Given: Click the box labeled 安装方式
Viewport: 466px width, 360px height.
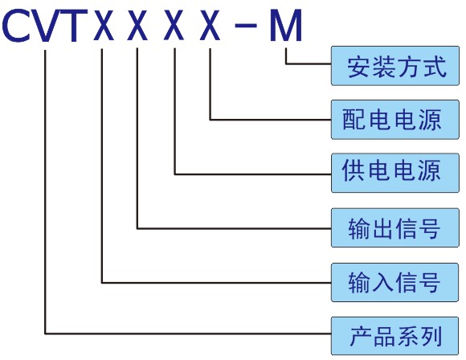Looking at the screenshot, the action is pyautogui.click(x=395, y=66).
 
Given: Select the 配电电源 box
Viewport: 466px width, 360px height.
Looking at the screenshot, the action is pyautogui.click(x=395, y=120).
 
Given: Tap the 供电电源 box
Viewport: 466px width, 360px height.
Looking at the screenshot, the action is pyautogui.click(x=395, y=173).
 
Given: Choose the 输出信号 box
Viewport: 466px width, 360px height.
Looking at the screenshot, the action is pyautogui.click(x=395, y=227).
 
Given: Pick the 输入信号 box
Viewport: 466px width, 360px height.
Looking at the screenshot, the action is pyautogui.click(x=394, y=282).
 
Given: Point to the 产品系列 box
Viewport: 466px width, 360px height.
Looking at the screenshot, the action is pyautogui.click(x=394, y=336).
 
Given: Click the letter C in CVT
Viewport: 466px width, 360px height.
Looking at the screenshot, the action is pyautogui.click(x=16, y=25).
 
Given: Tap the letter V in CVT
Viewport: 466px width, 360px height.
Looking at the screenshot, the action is pyautogui.click(x=45, y=26).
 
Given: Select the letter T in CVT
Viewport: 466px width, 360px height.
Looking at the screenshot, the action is pyautogui.click(x=74, y=26).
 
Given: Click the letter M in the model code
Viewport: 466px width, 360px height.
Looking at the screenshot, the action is pyautogui.click(x=286, y=25).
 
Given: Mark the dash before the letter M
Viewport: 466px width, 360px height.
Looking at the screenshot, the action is pyautogui.click(x=246, y=25).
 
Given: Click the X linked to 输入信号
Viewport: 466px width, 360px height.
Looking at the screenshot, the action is pyautogui.click(x=104, y=25).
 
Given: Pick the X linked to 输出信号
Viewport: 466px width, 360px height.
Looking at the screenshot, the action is pyautogui.click(x=137, y=25).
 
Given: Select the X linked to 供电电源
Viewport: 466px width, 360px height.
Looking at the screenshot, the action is pyautogui.click(x=174, y=25).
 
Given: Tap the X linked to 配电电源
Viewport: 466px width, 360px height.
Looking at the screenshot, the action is pyautogui.click(x=210, y=25).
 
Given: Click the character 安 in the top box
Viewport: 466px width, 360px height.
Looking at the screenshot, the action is pyautogui.click(x=359, y=67).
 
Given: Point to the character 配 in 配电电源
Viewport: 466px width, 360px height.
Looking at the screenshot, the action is pyautogui.click(x=354, y=120).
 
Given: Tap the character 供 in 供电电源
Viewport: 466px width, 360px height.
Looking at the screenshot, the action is pyautogui.click(x=353, y=170).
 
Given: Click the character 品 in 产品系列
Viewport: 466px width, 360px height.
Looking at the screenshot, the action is pyautogui.click(x=385, y=336).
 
